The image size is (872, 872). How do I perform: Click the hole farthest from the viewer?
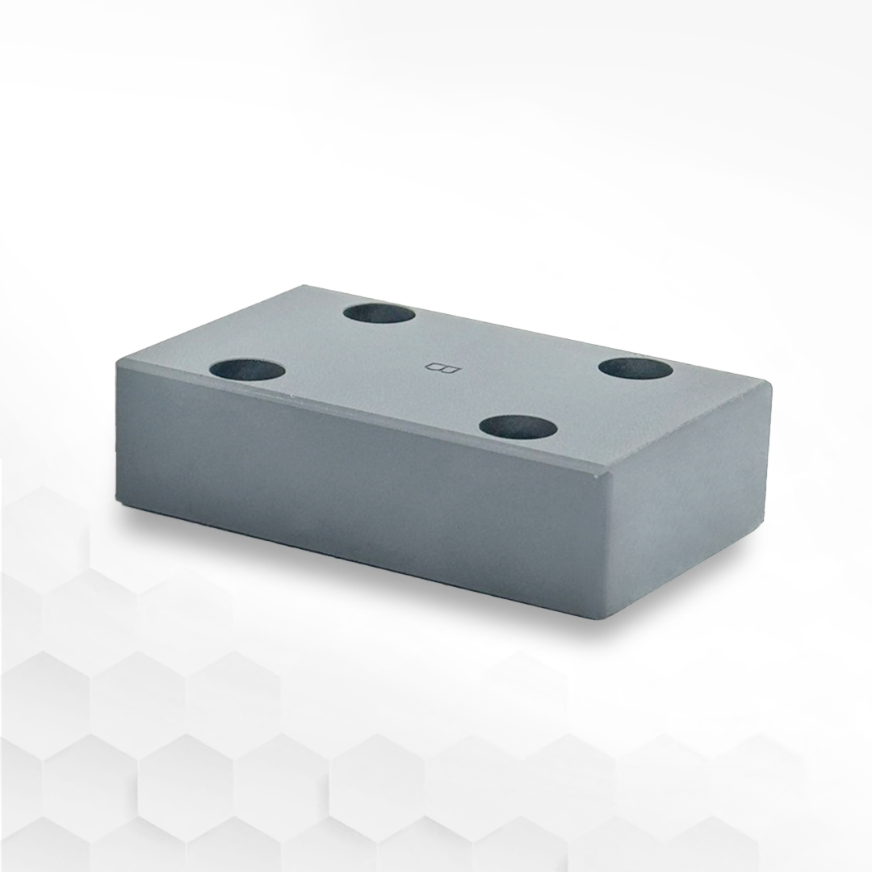pos(379,312)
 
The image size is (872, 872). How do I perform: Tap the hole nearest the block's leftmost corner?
pos(247,371)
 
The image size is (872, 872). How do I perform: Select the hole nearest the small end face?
pos(636,368)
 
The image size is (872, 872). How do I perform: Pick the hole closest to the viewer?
pos(518,426)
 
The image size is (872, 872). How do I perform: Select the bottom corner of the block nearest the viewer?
pos(607,618)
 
